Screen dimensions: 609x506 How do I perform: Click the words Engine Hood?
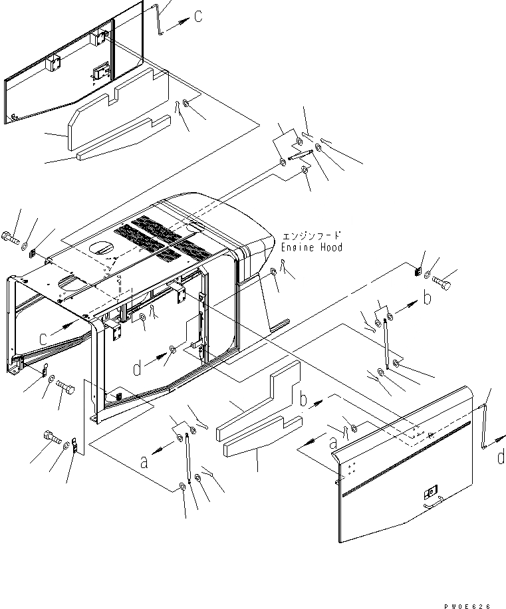click(x=311, y=247)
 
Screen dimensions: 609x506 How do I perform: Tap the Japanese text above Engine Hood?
click(x=311, y=236)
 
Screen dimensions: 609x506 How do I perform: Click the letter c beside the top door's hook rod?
click(x=199, y=17)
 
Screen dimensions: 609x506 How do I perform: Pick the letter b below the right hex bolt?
click(x=428, y=299)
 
